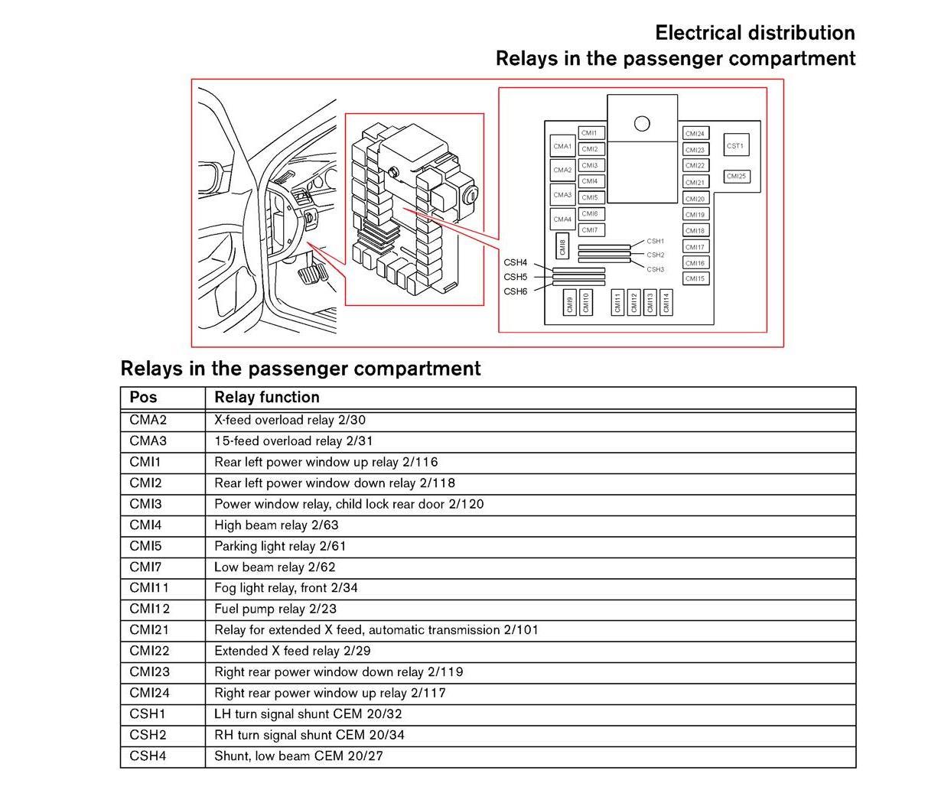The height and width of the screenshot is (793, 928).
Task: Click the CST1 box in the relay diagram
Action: pos(735,145)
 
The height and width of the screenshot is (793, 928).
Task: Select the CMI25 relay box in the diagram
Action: pos(736,176)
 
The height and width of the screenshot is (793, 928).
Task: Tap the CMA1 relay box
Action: pos(562,146)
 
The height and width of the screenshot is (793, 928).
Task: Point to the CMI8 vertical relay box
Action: pos(562,246)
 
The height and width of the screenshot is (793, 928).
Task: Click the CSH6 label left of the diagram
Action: pos(515,291)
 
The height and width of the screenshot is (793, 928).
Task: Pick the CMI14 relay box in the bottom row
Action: pos(666,302)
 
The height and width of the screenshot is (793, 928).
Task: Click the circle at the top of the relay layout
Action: pos(642,124)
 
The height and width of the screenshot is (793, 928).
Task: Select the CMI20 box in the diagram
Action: pos(695,199)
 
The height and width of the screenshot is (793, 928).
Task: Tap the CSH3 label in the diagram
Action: pos(655,269)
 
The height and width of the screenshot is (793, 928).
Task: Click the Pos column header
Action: pos(143,397)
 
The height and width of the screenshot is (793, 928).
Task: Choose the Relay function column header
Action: pos(267,397)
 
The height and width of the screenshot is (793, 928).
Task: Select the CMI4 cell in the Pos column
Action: pos(145,525)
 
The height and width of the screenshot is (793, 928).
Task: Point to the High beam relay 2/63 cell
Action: pos(276,525)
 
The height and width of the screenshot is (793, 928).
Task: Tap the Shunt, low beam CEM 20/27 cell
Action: pos(298,756)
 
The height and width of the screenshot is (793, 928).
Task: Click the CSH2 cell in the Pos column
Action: pos(148,735)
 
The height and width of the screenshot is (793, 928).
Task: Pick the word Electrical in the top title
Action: pos(698,33)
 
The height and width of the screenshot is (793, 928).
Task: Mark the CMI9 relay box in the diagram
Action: pos(570,303)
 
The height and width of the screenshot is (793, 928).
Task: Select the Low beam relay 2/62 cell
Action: pos(275,567)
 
